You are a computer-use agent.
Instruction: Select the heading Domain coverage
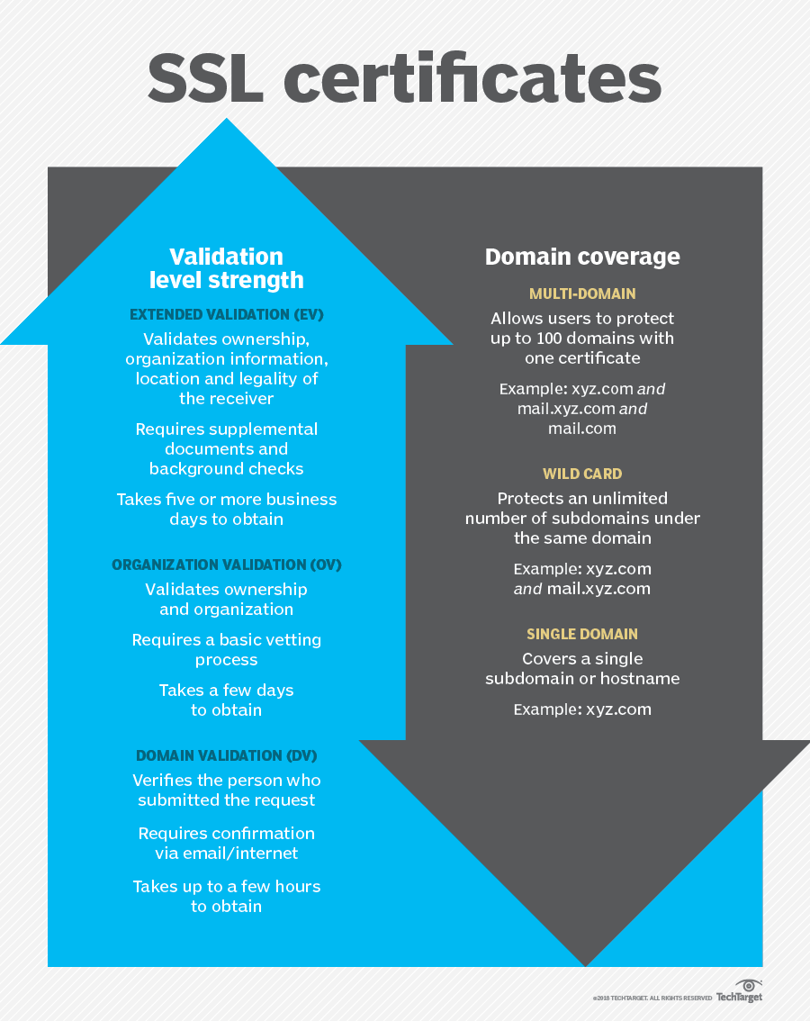(582, 257)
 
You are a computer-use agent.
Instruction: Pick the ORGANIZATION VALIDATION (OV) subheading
(227, 565)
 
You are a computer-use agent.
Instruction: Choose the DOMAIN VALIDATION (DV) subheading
(227, 755)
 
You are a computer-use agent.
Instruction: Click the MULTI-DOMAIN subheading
(582, 294)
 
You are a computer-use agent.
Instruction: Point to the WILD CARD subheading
(582, 474)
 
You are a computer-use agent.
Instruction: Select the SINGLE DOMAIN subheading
(582, 634)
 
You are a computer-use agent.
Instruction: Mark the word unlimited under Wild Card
(629, 498)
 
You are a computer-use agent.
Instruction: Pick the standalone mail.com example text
(582, 429)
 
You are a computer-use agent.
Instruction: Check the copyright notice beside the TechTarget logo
(652, 998)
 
